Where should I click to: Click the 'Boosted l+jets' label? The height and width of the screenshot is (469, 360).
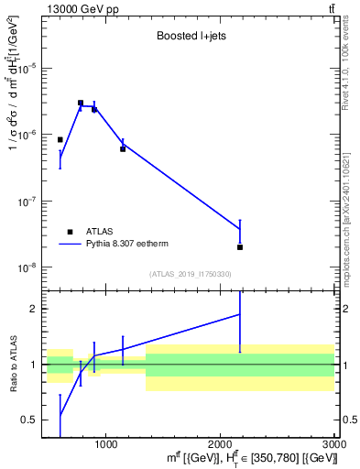(x=191, y=37)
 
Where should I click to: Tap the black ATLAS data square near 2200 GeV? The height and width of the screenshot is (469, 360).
(x=240, y=247)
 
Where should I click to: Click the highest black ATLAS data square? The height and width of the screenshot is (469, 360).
(x=81, y=104)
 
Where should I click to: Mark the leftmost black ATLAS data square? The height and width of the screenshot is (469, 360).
(x=60, y=140)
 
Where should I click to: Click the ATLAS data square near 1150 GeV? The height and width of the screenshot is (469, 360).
(x=123, y=148)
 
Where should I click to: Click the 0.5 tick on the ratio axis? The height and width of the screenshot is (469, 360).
(x=33, y=420)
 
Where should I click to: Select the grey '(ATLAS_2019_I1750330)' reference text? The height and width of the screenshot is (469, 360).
(x=191, y=274)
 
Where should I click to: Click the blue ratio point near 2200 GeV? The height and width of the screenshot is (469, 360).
(x=240, y=314)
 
